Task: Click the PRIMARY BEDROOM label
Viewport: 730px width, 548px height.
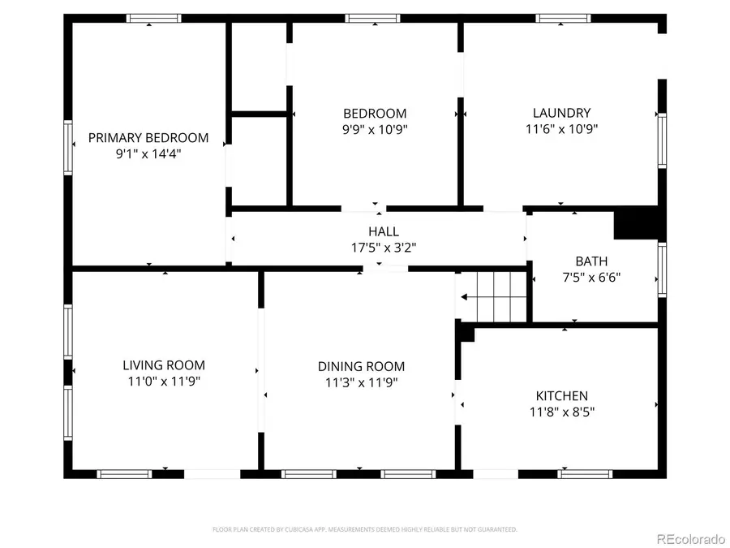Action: tap(148, 138)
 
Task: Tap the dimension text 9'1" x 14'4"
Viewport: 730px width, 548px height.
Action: tap(148, 153)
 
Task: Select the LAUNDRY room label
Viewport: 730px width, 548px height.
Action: tap(561, 113)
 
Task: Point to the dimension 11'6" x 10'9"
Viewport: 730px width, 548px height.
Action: tap(561, 128)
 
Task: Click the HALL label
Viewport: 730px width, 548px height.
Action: tap(383, 232)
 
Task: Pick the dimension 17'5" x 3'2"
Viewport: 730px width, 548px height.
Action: tap(383, 247)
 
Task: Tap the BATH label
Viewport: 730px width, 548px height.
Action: tap(591, 261)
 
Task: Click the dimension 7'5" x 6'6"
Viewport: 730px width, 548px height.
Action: tap(591, 277)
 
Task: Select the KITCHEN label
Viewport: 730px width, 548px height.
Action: tap(561, 396)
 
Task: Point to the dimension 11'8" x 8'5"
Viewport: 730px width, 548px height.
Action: tap(561, 412)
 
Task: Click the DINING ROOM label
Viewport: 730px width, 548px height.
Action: tap(361, 367)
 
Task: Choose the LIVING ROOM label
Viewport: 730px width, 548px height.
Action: tap(164, 365)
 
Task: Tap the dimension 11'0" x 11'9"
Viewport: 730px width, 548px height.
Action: tap(164, 381)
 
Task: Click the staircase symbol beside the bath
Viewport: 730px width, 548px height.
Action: tap(492, 296)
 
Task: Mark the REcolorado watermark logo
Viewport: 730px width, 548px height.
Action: tap(690, 537)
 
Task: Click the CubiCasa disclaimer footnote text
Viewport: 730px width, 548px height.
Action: tap(365, 529)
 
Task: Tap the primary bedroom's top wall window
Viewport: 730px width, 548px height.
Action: tap(153, 18)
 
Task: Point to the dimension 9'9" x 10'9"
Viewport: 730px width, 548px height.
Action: tap(375, 128)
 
